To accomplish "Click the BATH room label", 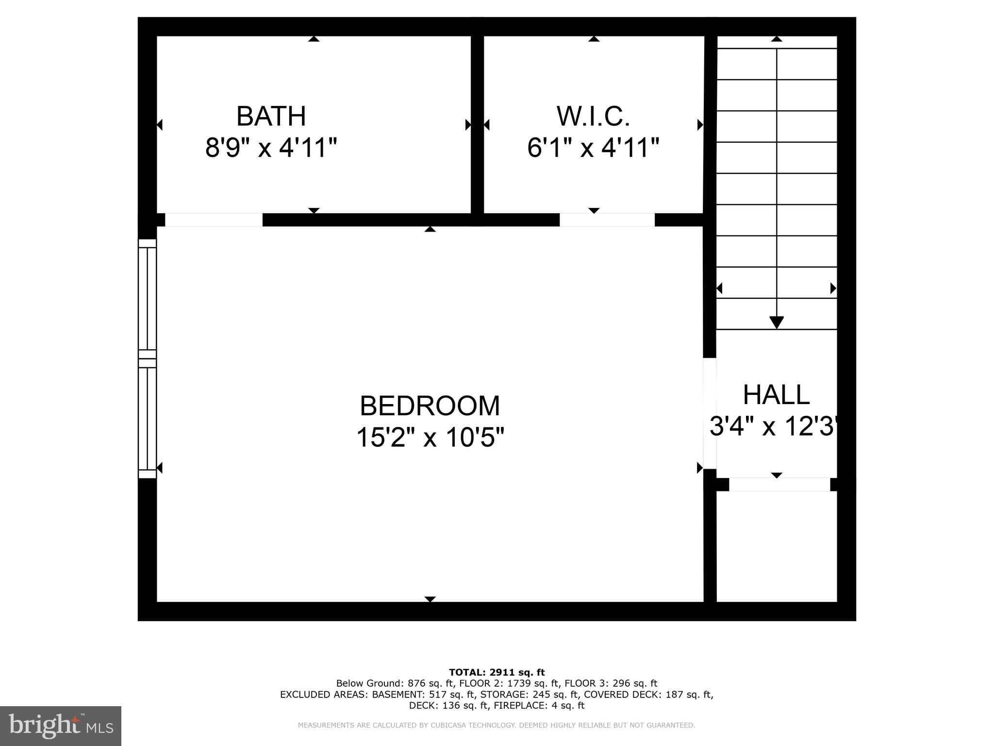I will pyautogui.click(x=271, y=117).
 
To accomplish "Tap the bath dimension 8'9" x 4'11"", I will pyautogui.click(x=271, y=148).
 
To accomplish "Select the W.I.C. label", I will pyautogui.click(x=593, y=117).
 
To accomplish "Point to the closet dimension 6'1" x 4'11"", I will pyautogui.click(x=593, y=148).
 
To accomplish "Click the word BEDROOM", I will pyautogui.click(x=430, y=406).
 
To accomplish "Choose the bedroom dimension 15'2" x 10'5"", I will pyautogui.click(x=430, y=438).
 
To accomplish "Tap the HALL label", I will pyautogui.click(x=776, y=395).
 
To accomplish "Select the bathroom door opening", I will pyautogui.click(x=214, y=220).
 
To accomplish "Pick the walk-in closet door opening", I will pyautogui.click(x=607, y=220).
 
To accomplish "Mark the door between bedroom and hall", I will pyautogui.click(x=710, y=413).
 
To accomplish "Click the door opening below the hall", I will pyautogui.click(x=779, y=484).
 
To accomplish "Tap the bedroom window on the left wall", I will pyautogui.click(x=148, y=358).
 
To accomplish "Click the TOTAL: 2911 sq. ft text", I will pyautogui.click(x=497, y=672).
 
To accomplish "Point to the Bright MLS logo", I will pyautogui.click(x=61, y=726).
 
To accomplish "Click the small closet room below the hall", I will pyautogui.click(x=777, y=546).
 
